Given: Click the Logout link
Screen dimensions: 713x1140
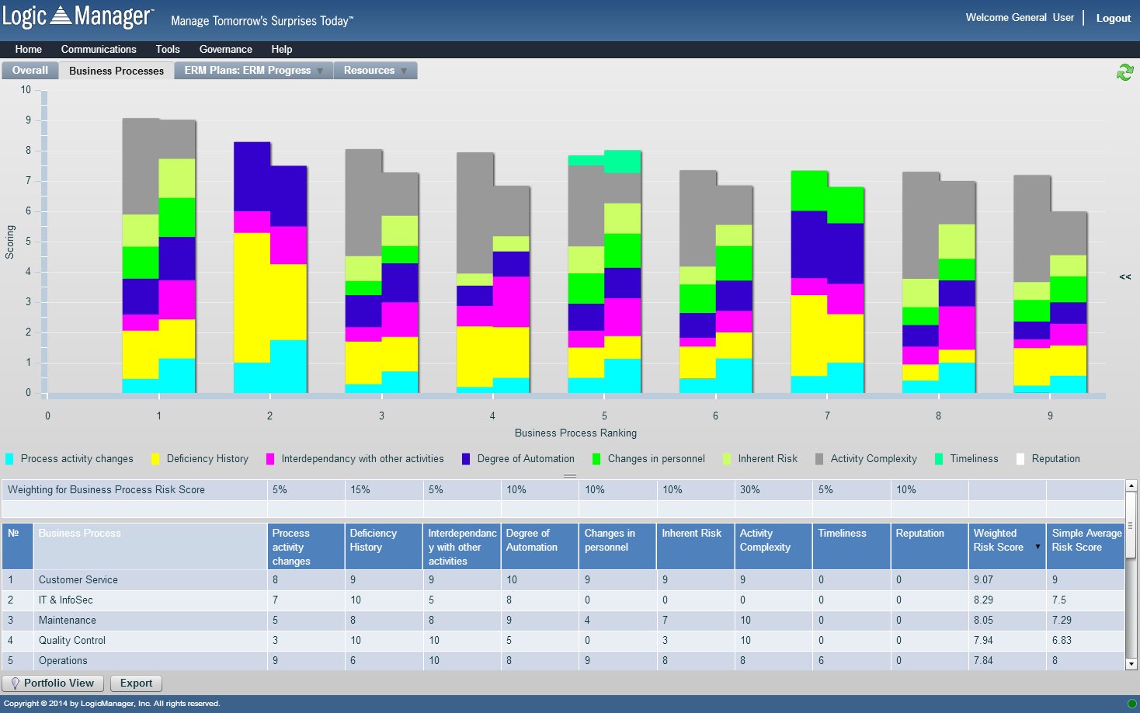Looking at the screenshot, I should coord(1113,18).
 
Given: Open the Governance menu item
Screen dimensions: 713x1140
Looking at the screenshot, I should coord(225,49).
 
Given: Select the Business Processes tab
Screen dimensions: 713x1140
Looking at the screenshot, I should coord(116,71).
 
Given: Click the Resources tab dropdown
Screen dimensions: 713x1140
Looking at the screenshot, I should coord(375,71).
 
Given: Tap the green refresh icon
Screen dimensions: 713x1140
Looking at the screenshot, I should coord(1124,72).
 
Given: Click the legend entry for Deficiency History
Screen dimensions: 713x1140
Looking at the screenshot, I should coord(207,459).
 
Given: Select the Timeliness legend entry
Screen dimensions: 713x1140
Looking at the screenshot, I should coord(973,459).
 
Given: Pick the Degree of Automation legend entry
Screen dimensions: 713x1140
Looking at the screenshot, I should coord(525,459).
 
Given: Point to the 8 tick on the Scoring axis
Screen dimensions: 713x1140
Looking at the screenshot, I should coord(28,151).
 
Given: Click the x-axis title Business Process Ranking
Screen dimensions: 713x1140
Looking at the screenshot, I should coord(575,433).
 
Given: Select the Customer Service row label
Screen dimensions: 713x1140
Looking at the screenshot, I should coord(78,580).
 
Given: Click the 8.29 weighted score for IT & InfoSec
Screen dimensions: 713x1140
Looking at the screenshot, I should coord(983,600).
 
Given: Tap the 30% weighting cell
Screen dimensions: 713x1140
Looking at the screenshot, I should coord(750,490).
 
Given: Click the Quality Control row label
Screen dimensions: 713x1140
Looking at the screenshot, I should coord(72,641).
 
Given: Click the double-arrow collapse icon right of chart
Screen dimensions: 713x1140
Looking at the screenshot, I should coord(1124,277).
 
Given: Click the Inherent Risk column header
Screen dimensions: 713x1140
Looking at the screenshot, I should coord(691,534).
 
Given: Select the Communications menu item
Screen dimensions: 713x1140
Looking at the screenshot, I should coord(99,49).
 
